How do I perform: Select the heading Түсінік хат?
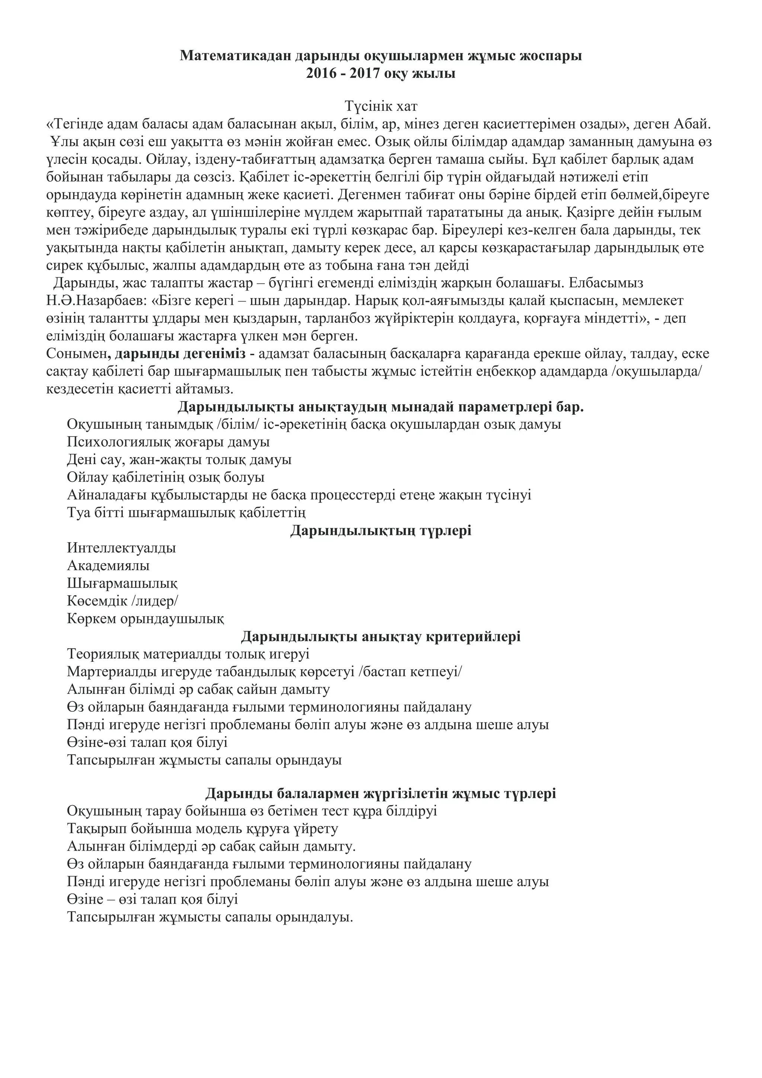point(381,106)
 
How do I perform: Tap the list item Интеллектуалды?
point(122,548)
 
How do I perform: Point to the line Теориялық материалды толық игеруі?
point(188,654)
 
